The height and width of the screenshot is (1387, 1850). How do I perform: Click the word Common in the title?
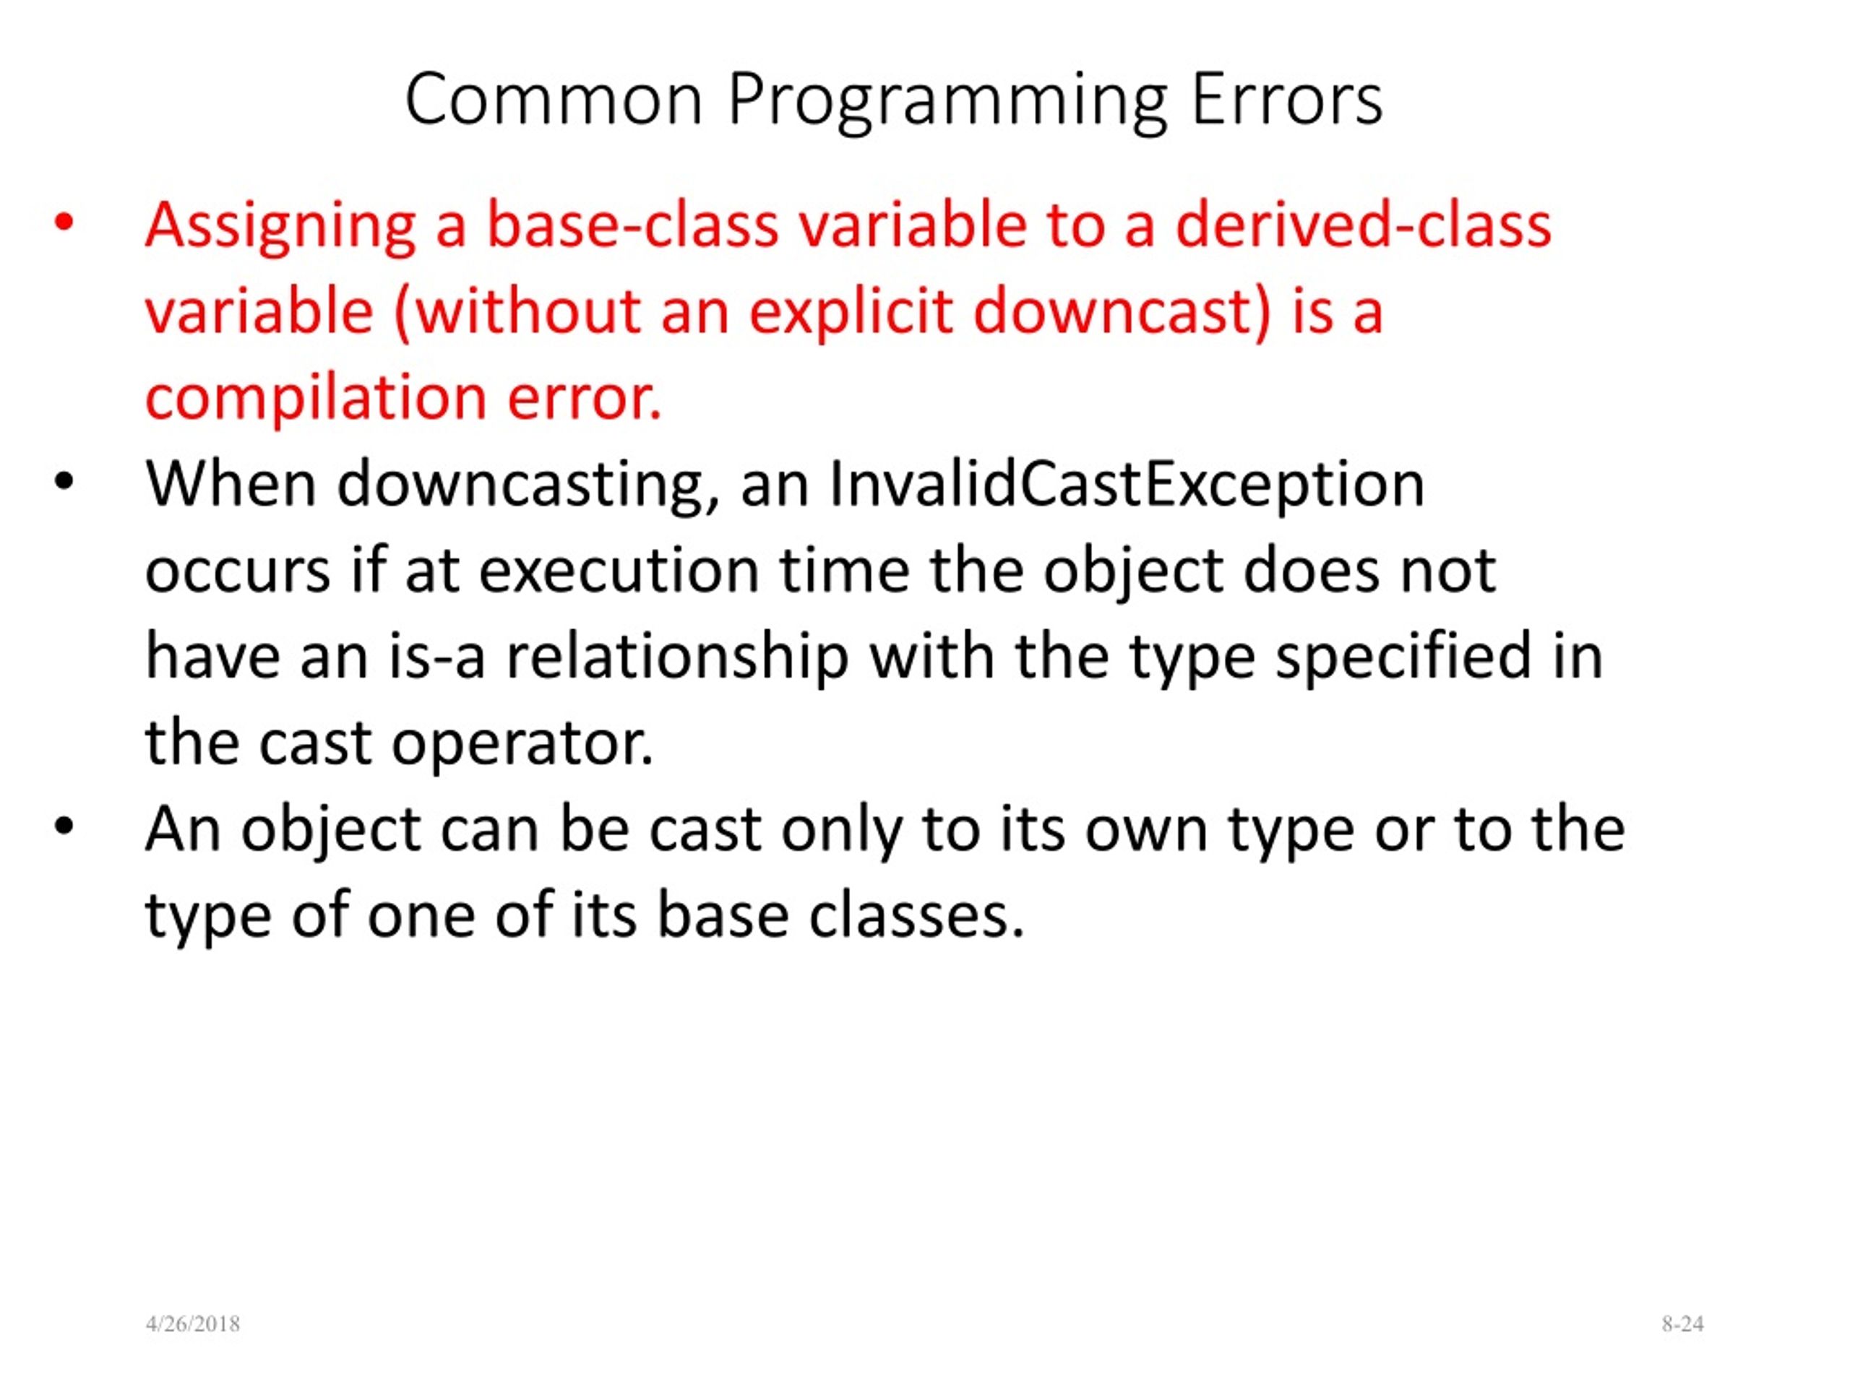point(553,100)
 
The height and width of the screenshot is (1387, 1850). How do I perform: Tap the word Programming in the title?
point(947,102)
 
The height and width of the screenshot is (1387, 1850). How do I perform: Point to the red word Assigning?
point(280,228)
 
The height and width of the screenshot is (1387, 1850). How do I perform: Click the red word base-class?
point(632,225)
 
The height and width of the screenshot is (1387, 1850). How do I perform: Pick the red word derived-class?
point(1363,225)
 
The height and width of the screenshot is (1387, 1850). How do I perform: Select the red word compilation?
point(316,399)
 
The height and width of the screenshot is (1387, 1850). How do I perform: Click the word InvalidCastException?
point(1127,485)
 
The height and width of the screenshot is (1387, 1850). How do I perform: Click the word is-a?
point(436,657)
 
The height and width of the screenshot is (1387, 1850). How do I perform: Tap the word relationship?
point(677,660)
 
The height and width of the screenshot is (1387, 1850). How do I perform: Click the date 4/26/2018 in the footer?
point(192,1324)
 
